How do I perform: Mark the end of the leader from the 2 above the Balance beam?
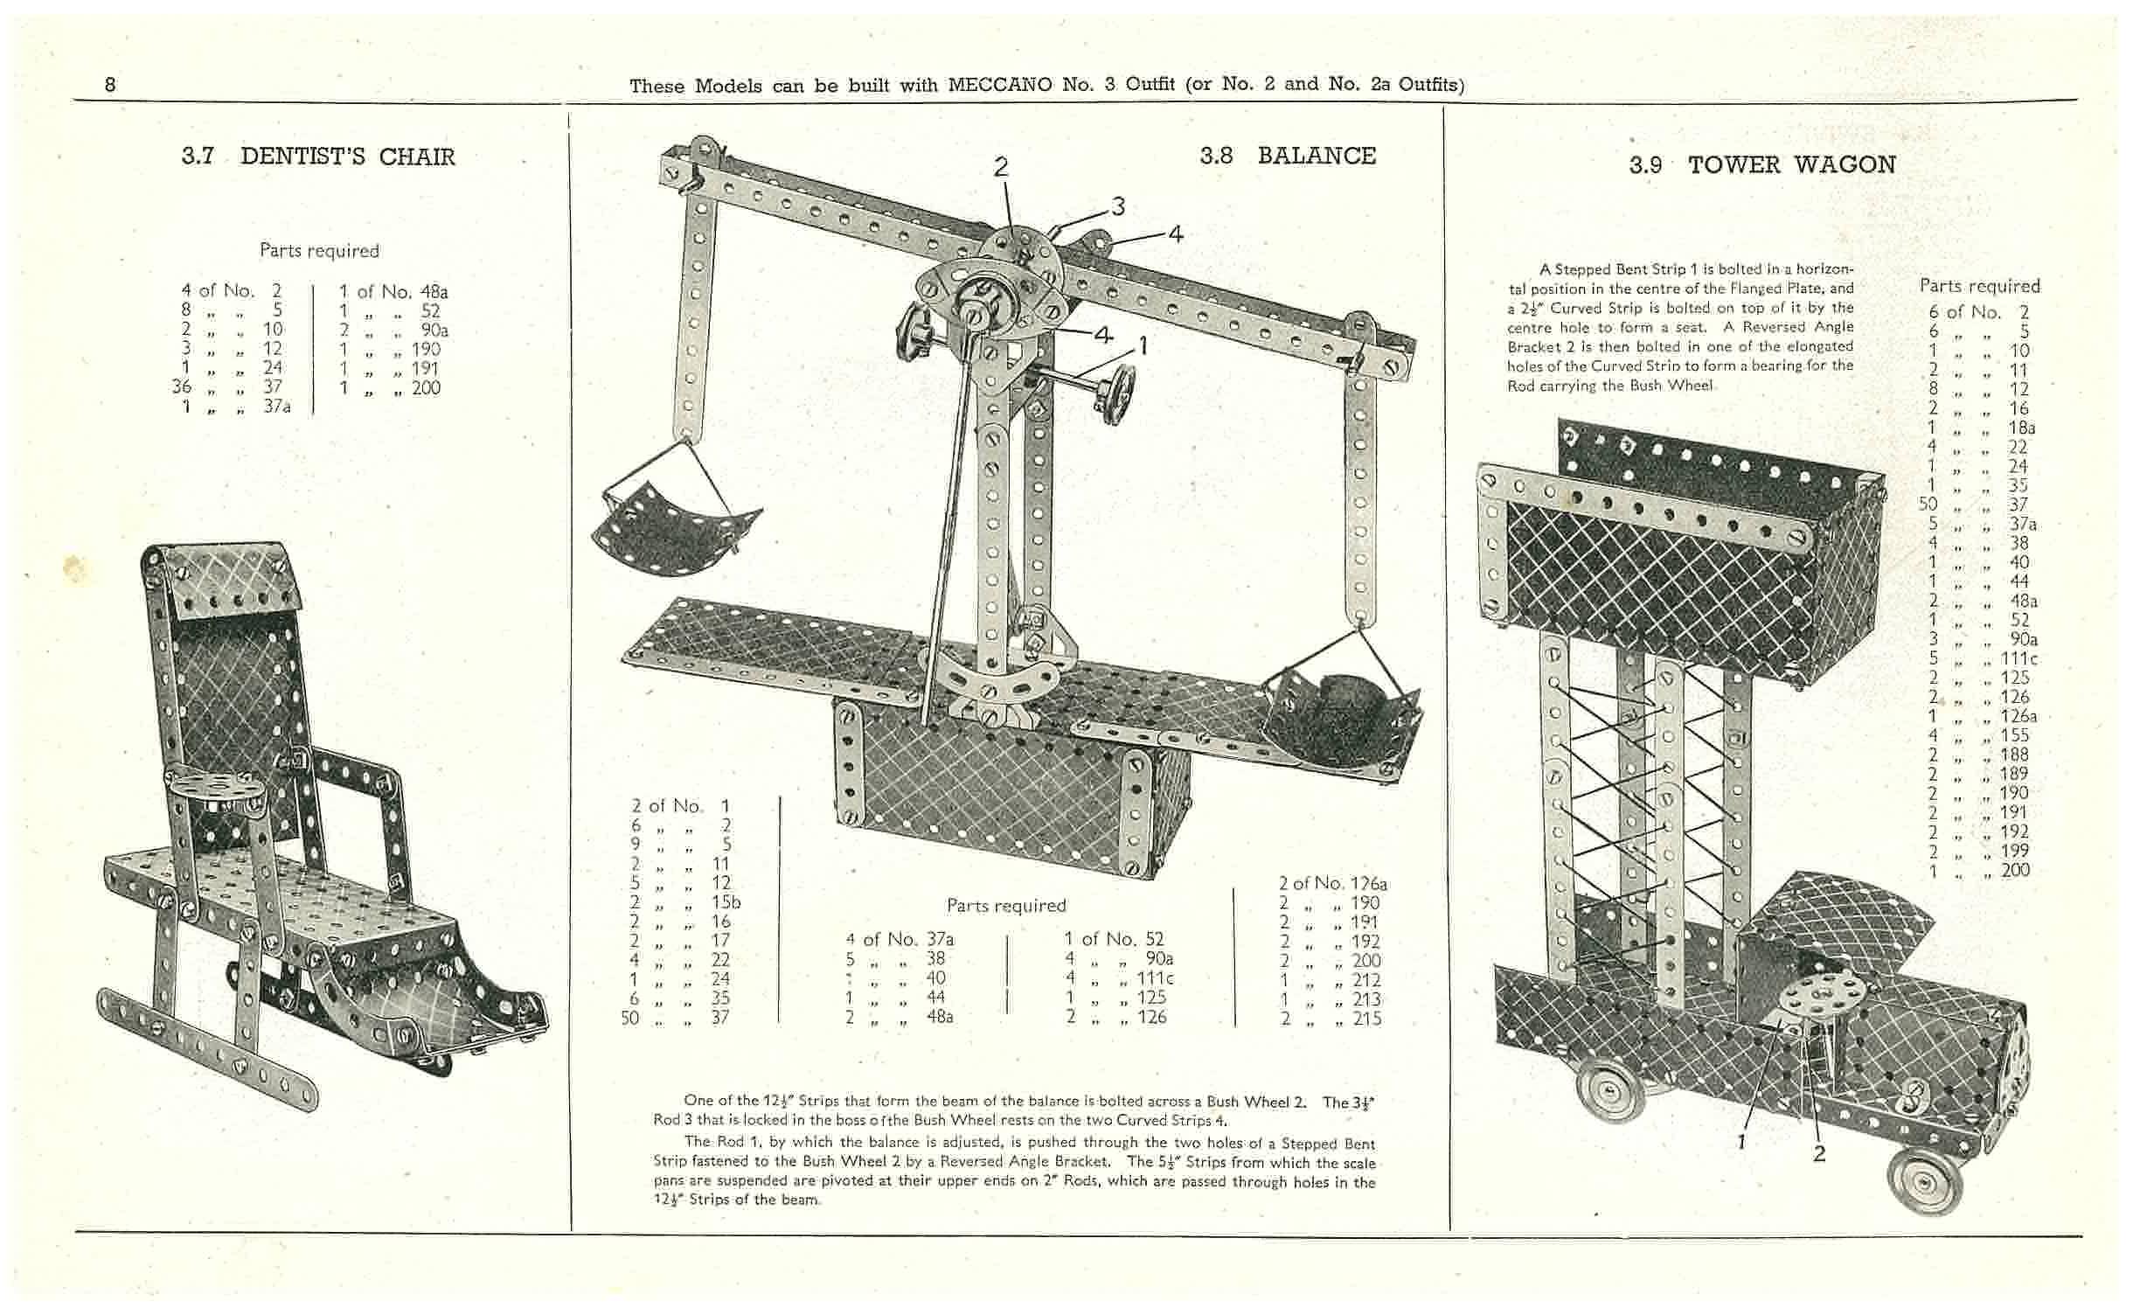pos(1016,254)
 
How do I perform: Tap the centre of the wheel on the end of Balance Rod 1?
pos(1116,395)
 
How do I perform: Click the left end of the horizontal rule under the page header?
pos(73,101)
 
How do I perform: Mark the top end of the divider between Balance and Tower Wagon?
pos(1443,107)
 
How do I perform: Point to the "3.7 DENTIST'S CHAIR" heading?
pos(318,157)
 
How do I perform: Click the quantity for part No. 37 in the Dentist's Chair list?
pos(182,386)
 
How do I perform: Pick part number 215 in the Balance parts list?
pos(1367,1018)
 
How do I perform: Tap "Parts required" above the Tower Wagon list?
pos(1980,286)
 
